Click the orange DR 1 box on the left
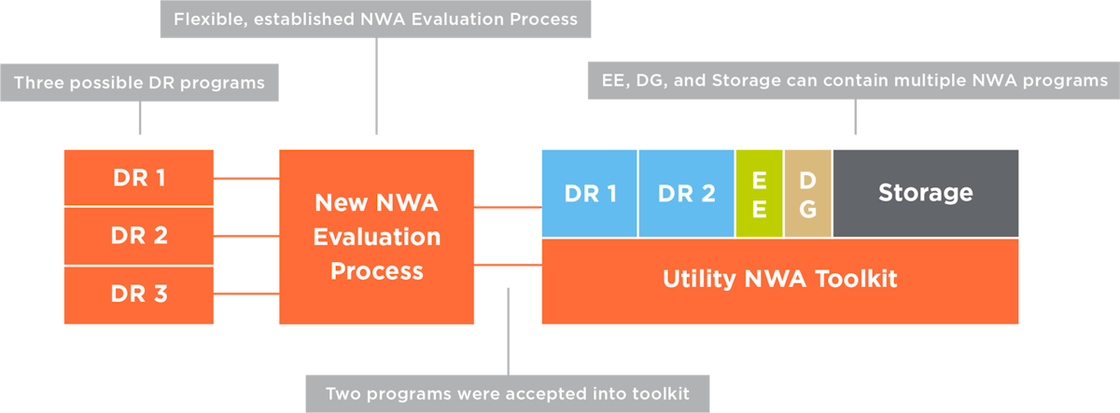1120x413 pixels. [x=139, y=177]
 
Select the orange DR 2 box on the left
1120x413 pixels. [x=139, y=236]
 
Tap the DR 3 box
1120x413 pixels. [x=139, y=295]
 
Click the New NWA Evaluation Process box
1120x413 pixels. [x=376, y=237]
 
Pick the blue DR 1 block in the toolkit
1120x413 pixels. [x=590, y=193]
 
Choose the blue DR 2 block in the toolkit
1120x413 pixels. [x=686, y=193]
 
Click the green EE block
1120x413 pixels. [x=759, y=193]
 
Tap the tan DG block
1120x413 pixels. [x=807, y=193]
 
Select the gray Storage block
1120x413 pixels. [x=925, y=193]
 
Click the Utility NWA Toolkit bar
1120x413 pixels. [x=779, y=281]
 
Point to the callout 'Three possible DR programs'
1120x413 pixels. [x=139, y=83]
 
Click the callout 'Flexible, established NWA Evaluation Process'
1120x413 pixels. [x=375, y=19]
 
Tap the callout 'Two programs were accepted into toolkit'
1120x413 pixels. [x=508, y=393]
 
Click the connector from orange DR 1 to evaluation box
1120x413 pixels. [x=246, y=177]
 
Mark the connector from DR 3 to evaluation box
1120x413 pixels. [x=246, y=295]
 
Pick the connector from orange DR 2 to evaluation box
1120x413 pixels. [x=246, y=236]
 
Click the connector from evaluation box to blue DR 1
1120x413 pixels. [x=508, y=206]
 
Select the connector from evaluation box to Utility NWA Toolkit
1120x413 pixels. [x=508, y=266]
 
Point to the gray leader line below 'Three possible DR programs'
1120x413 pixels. [x=140, y=117]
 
